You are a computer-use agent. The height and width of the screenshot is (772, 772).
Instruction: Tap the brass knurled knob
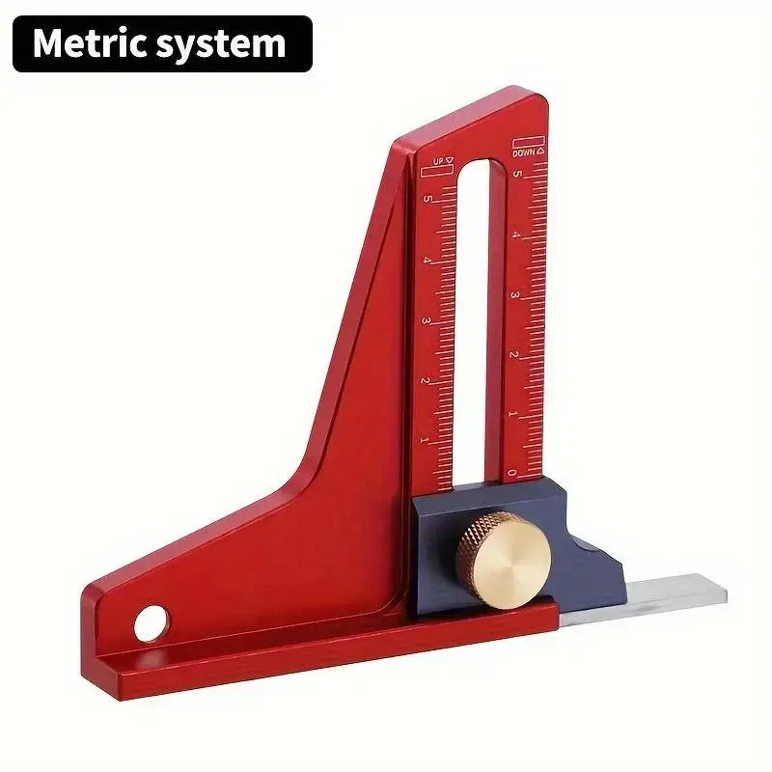(503, 560)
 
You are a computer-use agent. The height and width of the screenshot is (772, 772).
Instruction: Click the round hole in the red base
(151, 623)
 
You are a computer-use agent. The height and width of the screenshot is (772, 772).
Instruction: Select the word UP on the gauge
(439, 161)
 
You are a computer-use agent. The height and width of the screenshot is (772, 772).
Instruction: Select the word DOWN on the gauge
(523, 153)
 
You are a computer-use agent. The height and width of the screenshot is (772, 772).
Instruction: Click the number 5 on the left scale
(427, 200)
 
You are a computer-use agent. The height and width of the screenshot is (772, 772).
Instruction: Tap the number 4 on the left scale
(427, 260)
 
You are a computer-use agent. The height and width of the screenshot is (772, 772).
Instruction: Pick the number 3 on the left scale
(426, 321)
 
